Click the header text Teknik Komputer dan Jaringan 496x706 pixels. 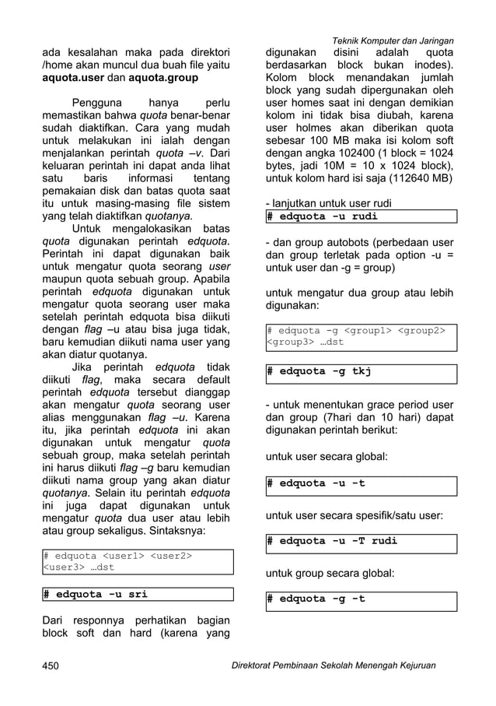pos(393,40)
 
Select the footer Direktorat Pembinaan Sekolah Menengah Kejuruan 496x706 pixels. pos(329,666)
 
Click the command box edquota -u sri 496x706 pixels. pos(137,595)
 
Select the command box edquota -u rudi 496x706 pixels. pos(361,216)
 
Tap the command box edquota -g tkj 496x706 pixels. pos(361,371)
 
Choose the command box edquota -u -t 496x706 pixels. pos(361,483)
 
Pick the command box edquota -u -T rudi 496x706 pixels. pos(361,540)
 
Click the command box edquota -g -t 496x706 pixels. pos(361,599)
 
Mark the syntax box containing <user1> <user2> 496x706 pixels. pos(137,561)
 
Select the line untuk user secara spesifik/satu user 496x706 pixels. pos(355,515)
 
